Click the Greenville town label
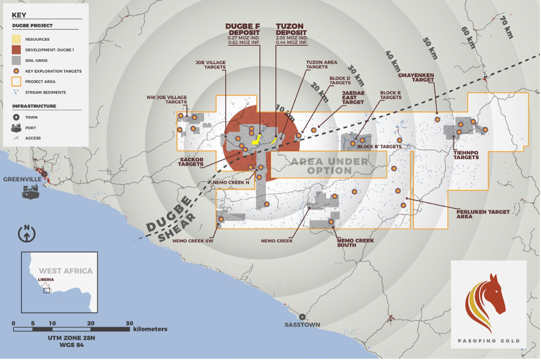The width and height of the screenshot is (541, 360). pos(22,179)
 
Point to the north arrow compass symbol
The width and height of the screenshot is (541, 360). pos(27,233)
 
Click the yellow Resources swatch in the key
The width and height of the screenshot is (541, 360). pos(16,39)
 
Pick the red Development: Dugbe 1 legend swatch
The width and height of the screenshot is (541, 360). pos(16,50)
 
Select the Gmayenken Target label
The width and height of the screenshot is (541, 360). pos(416,77)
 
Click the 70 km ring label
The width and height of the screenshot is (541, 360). pos(507,27)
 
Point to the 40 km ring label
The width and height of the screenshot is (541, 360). pos(393,60)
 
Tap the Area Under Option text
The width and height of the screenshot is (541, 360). pos(329,166)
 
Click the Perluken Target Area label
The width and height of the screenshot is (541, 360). pos(483,214)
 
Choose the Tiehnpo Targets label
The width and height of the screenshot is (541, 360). pos(466,155)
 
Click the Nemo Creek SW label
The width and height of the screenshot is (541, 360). pos(193,241)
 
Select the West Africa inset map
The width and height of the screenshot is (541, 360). pos(59,282)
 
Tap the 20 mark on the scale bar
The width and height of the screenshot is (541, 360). pos(91,324)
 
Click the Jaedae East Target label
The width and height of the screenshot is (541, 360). pos(353,98)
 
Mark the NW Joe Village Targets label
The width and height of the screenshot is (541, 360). pos(167,99)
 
